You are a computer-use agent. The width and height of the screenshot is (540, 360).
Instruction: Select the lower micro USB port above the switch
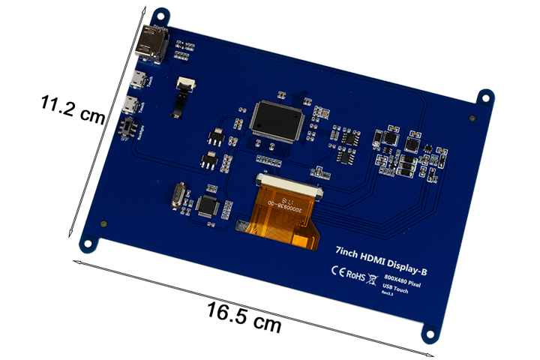click(130, 103)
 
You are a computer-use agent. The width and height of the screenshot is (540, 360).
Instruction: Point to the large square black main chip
click(275, 119)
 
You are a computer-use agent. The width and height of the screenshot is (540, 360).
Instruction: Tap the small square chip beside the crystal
click(208, 205)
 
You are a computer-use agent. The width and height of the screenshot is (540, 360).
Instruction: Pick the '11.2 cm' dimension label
click(73, 111)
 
